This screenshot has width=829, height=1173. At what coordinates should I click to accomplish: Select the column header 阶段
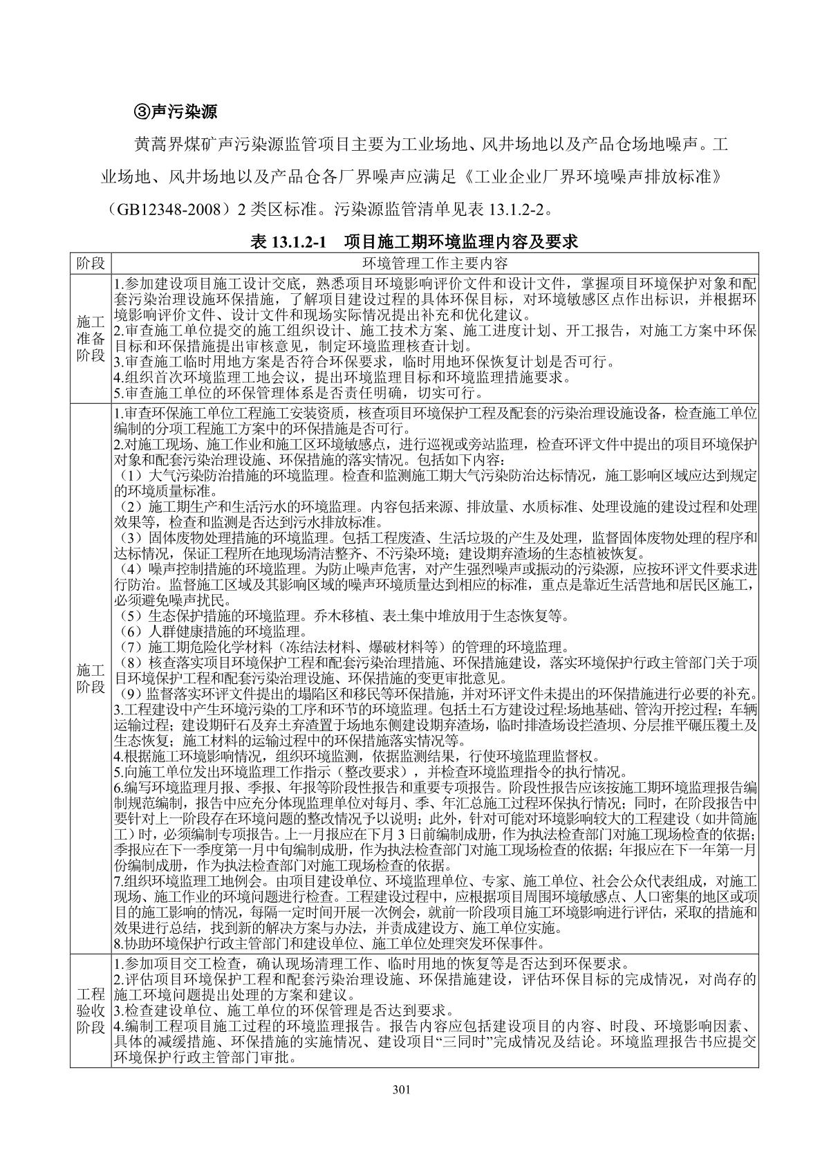click(x=90, y=264)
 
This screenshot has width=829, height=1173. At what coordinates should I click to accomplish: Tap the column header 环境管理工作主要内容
click(x=435, y=264)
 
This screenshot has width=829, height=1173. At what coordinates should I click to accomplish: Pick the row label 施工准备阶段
click(x=90, y=338)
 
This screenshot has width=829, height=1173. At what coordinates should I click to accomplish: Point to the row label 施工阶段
click(x=90, y=678)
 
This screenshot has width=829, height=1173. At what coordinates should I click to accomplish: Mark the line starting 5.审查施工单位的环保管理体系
click(x=297, y=394)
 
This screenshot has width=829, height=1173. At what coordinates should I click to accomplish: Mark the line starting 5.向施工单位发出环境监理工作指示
click(x=370, y=773)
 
